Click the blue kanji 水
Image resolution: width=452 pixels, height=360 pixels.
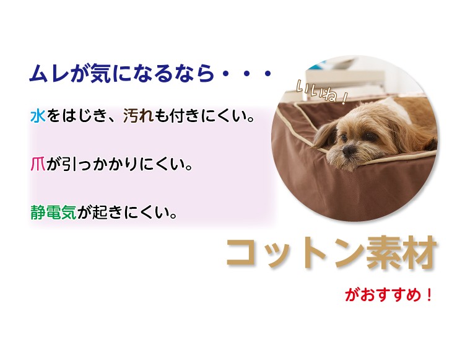38,116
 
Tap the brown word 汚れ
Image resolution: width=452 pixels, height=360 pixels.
138,116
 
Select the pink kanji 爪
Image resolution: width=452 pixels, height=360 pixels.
38,164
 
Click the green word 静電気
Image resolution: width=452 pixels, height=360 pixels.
54,213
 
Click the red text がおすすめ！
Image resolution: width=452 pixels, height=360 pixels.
389,295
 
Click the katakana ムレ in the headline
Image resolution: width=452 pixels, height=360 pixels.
49,74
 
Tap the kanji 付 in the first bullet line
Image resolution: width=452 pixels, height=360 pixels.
176,116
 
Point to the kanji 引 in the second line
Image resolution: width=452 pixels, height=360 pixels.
70,164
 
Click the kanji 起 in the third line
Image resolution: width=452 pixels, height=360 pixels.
100,213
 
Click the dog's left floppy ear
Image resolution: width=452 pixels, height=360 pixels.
326,135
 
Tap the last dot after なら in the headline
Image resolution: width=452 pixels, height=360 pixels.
268,74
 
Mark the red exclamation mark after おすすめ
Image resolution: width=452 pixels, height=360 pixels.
429,295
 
